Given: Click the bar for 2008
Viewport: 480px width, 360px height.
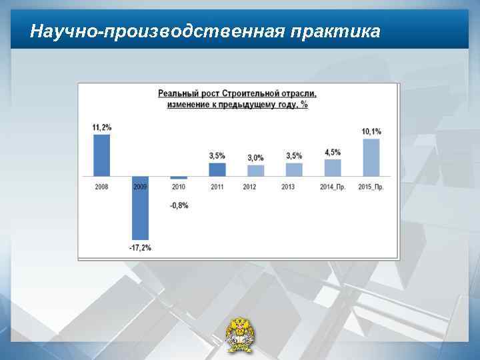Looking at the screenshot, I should [x=101, y=155].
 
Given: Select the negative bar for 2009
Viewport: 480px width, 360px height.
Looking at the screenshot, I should [x=140, y=208].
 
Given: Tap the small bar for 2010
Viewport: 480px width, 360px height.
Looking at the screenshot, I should [x=178, y=178].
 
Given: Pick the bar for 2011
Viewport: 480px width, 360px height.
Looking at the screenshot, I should [x=217, y=169].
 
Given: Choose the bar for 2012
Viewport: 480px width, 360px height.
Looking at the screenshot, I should [x=255, y=171].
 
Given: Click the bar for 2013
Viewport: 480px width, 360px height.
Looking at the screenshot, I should [x=294, y=169].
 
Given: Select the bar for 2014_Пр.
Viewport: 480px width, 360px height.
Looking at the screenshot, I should [x=333, y=167].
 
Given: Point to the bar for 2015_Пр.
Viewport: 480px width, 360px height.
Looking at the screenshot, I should [x=371, y=157].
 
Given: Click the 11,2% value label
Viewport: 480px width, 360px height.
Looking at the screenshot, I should [x=102, y=127].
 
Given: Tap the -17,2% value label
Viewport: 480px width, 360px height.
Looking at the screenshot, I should [x=140, y=248].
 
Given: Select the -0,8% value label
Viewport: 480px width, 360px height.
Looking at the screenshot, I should [x=178, y=205].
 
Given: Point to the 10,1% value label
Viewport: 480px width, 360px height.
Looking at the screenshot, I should [x=371, y=132].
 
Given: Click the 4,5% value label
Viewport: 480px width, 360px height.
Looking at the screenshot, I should [x=333, y=153].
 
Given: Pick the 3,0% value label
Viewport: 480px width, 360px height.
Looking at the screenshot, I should [x=255, y=158].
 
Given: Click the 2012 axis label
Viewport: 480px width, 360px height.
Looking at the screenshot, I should [x=250, y=187].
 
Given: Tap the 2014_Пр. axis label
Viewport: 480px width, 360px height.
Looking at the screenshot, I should [x=333, y=187].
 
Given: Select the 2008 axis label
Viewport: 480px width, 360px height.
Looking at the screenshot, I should [x=101, y=187].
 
